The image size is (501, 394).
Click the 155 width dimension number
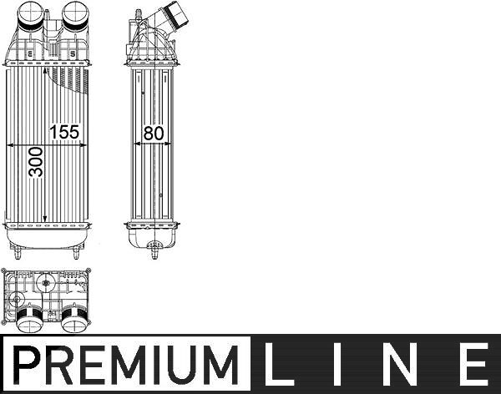click(x=64, y=132)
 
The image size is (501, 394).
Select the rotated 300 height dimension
click(x=36, y=162)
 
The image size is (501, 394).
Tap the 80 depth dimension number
click(x=154, y=134)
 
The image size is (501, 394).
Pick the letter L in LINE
click(x=275, y=364)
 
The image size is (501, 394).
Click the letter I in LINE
click(x=337, y=364)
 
